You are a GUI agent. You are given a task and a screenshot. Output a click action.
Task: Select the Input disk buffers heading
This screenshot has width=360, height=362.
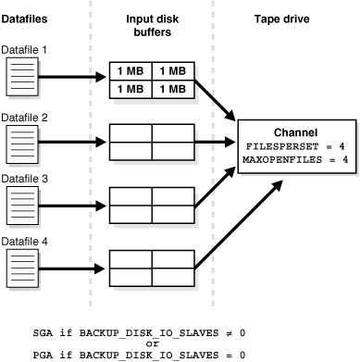click(152, 25)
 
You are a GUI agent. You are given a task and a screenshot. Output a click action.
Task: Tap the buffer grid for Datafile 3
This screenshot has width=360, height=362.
click(152, 202)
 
